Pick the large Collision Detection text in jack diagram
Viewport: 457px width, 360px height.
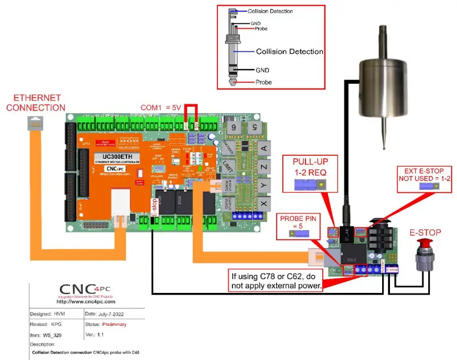[x=290, y=52]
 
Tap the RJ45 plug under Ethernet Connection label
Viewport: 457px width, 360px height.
[x=33, y=125]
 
